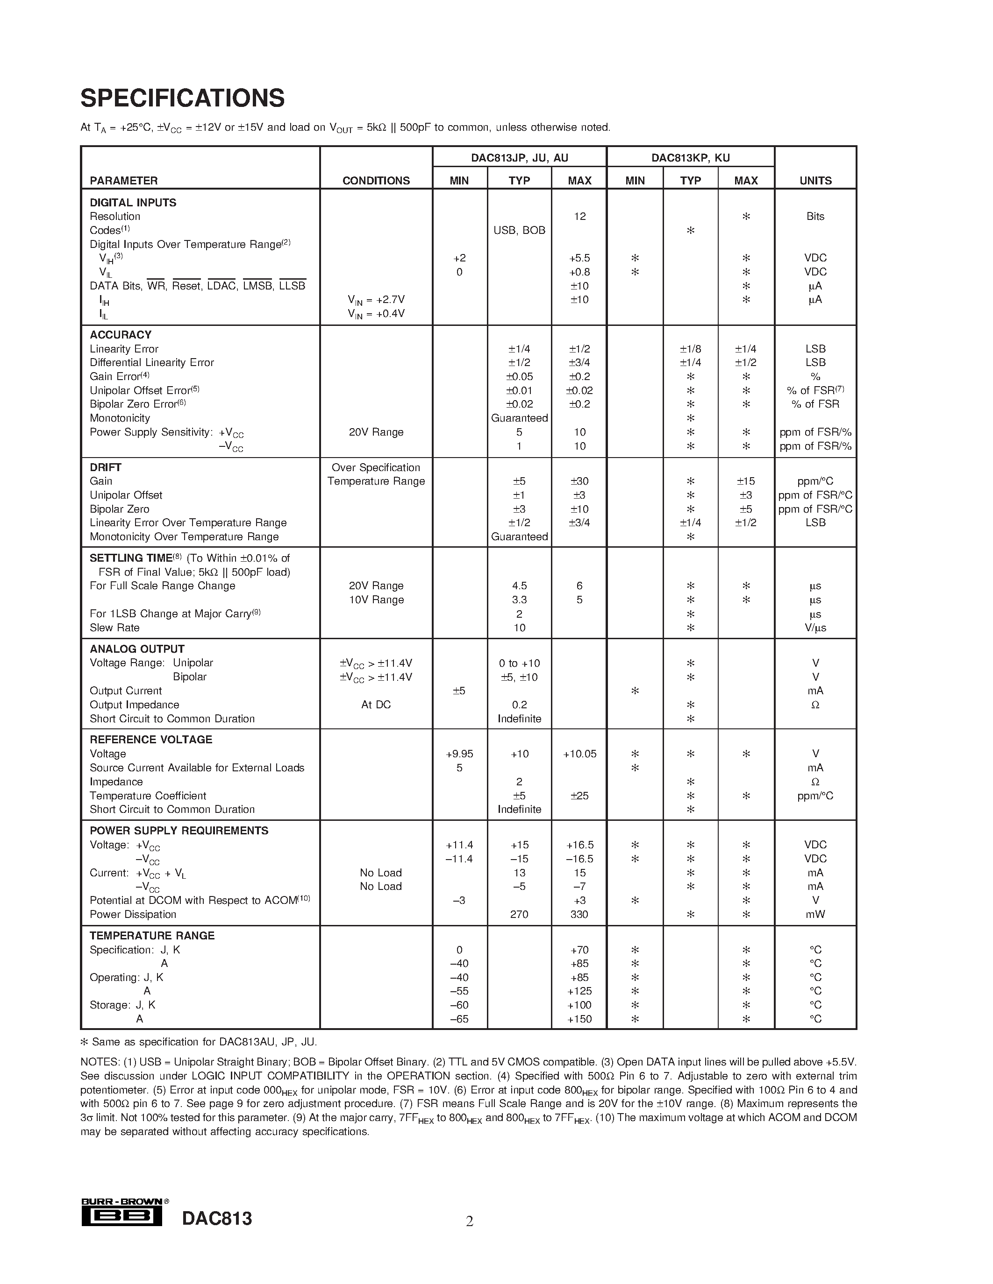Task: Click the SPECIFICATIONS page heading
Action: (x=182, y=98)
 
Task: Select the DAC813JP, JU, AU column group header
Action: (x=520, y=157)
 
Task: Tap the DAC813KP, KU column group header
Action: (x=690, y=157)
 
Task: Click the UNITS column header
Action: (x=815, y=181)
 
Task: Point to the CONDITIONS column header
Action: (x=376, y=181)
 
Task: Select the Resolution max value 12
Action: (x=579, y=216)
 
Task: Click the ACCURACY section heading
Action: (x=121, y=334)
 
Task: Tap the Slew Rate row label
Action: (x=114, y=628)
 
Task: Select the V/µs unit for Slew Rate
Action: (x=815, y=628)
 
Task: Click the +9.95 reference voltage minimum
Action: (x=459, y=754)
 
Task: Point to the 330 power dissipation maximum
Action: (x=579, y=914)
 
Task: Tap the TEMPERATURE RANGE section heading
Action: (x=152, y=935)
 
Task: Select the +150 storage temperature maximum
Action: (x=579, y=1019)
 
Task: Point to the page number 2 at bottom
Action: (x=470, y=1221)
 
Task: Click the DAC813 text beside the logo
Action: (x=217, y=1219)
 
